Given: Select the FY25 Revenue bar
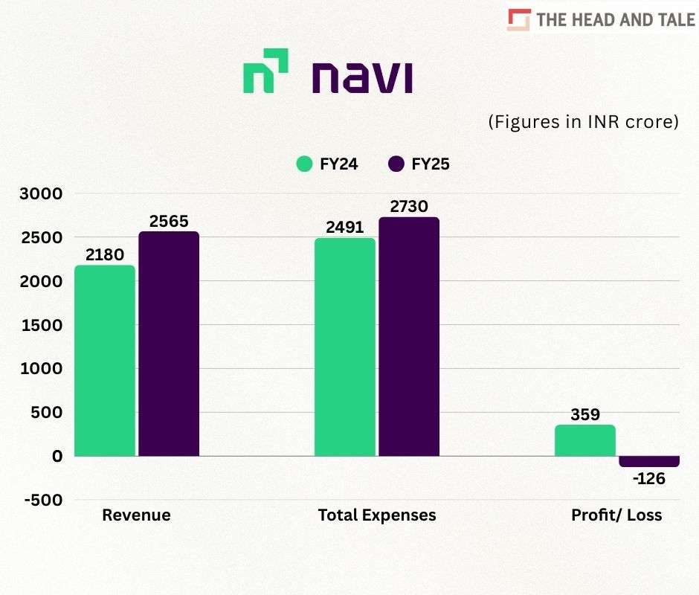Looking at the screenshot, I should tap(169, 344).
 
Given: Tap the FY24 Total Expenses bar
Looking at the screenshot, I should tap(345, 347).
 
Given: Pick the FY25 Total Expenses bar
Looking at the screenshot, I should tap(409, 336).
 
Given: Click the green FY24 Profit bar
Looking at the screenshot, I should tap(585, 440).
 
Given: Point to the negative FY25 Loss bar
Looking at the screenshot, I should tap(649, 461).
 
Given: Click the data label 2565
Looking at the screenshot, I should tap(169, 221).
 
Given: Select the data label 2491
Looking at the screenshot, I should tap(345, 227).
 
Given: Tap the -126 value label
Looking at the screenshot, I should tap(649, 478).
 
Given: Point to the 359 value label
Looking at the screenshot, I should tap(585, 414).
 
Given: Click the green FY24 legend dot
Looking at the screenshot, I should tap(304, 164).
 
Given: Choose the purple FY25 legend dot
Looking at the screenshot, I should tap(396, 164).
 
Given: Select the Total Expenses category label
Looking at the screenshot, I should tap(377, 515).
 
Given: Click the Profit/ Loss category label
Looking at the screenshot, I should tap(616, 515).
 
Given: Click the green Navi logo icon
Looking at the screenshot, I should tap(265, 71).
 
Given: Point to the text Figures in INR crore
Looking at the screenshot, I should tap(584, 122).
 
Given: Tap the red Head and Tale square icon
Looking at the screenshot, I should tap(519, 20).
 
